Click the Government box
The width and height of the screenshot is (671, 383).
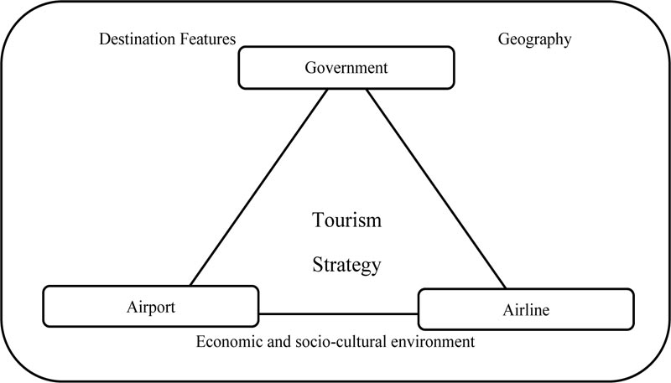[346, 68]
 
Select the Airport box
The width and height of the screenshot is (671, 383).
[151, 307]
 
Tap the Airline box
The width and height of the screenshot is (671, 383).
[526, 309]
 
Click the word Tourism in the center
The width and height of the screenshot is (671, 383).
[346, 220]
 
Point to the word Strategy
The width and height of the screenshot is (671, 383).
[346, 265]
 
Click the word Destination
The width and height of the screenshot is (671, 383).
[138, 39]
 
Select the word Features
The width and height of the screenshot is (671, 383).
[208, 39]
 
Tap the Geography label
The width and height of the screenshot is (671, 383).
[534, 39]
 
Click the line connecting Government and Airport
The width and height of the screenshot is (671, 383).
[259, 187]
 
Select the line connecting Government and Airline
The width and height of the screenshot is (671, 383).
[436, 189]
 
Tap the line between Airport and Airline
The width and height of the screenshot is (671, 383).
[339, 313]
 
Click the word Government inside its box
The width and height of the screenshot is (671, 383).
[346, 68]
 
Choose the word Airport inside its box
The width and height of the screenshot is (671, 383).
[151, 308]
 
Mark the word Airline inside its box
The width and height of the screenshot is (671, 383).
[526, 310]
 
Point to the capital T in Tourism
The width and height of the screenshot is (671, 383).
[319, 220]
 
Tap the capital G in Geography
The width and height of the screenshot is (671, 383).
[503, 39]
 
